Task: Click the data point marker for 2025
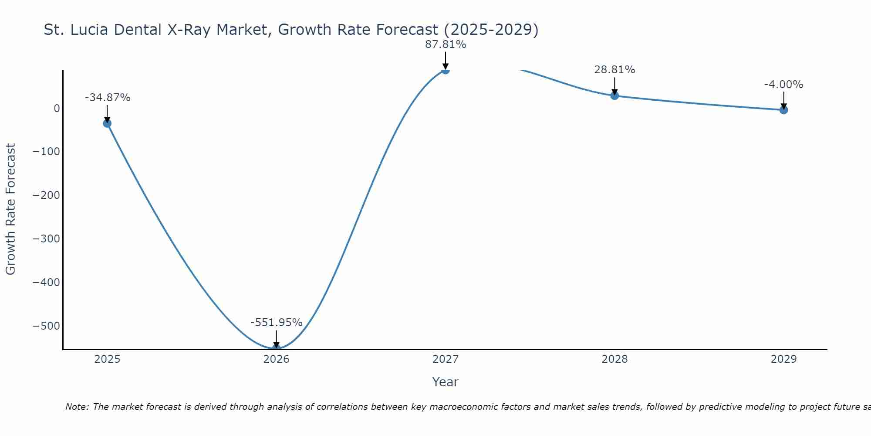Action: [x=107, y=123]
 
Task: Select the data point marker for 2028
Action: [x=614, y=95]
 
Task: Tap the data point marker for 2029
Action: [x=783, y=110]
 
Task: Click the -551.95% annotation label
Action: [x=276, y=323]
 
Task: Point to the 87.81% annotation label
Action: [x=446, y=44]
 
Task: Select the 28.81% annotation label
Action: [x=614, y=70]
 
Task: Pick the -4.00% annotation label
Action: [x=783, y=85]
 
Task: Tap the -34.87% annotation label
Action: [x=107, y=98]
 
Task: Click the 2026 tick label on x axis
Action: [x=276, y=359]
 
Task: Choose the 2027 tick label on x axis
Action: [x=446, y=359]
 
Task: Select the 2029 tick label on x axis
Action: [x=783, y=359]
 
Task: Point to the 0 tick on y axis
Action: [x=57, y=108]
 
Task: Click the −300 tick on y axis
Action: [x=46, y=239]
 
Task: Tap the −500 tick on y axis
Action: [x=46, y=326]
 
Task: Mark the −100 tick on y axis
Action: [x=46, y=152]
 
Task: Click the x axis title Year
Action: [x=445, y=382]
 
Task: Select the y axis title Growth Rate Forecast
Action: [x=10, y=209]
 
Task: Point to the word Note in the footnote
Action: [x=77, y=407]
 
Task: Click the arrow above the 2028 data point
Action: [x=614, y=86]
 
